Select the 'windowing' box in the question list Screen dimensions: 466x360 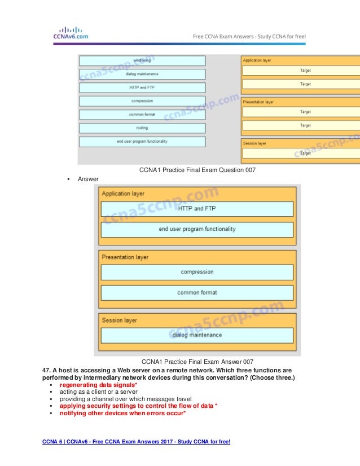click(142, 60)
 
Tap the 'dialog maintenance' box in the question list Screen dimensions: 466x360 click(142, 74)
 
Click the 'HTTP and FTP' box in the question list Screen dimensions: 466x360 click(142, 87)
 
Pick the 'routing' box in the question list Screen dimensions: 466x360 click(142, 128)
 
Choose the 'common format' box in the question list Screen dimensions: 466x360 click(142, 115)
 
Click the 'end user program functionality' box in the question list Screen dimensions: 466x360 click(142, 142)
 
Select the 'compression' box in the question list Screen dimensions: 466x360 click(142, 101)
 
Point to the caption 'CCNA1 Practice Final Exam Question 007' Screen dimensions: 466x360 click(193, 170)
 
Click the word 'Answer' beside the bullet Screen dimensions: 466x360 click(88, 179)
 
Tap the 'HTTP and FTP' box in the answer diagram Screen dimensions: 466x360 click(197, 209)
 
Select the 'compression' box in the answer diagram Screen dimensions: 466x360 click(197, 272)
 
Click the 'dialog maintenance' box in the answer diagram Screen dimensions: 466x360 click(197, 335)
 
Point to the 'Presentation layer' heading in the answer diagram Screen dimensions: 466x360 click(125, 257)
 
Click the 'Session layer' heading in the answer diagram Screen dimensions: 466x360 click(119, 320)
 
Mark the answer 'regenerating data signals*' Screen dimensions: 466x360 click(99, 384)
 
